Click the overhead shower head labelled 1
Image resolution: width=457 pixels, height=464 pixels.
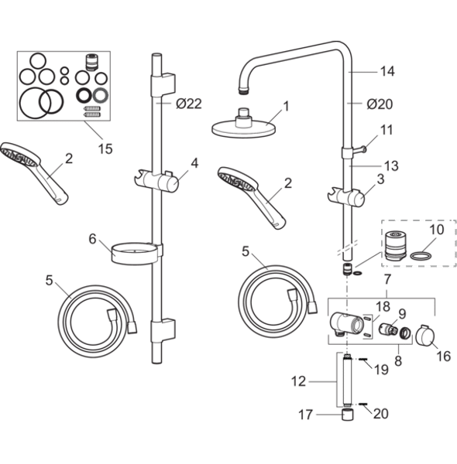tap(244, 126)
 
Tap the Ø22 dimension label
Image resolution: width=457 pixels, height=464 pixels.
tap(189, 104)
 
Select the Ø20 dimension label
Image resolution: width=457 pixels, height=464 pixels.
tap(380, 104)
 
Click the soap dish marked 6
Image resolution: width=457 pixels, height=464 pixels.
tap(133, 254)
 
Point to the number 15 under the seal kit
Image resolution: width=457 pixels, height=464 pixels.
tap(105, 148)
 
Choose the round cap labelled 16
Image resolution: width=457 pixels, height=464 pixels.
tap(425, 336)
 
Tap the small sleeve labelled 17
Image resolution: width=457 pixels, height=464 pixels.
tap(348, 415)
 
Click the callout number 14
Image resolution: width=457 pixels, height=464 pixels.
tap(387, 71)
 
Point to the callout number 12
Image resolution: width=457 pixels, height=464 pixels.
tap(298, 381)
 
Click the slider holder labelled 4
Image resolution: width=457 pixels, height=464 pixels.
tap(156, 179)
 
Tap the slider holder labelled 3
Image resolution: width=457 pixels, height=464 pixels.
tap(346, 196)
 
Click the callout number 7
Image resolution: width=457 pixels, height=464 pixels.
tap(387, 279)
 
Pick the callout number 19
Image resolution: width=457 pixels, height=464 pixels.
tap(381, 370)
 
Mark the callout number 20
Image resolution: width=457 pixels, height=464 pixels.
tap(381, 414)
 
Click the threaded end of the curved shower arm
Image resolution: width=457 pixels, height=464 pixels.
tap(244, 90)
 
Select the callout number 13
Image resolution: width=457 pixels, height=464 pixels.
tap(391, 165)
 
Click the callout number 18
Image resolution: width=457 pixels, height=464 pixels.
tap(383, 306)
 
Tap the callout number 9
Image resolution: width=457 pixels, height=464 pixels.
tap(402, 314)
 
